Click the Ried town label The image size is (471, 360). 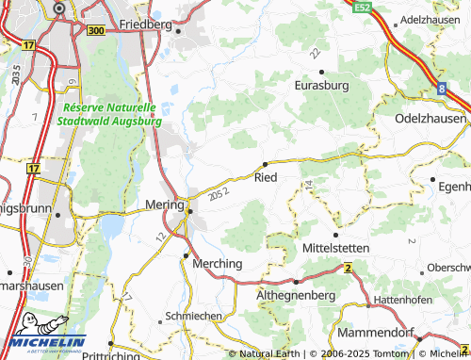pos(266,175)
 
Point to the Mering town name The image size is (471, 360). pos(166,204)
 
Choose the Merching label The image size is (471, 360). pos(217,263)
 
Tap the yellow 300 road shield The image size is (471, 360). pos(95,31)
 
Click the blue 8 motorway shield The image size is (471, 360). pos(441,88)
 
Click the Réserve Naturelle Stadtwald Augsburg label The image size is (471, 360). pos(109,115)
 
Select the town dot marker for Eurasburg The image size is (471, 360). pos(321,72)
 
